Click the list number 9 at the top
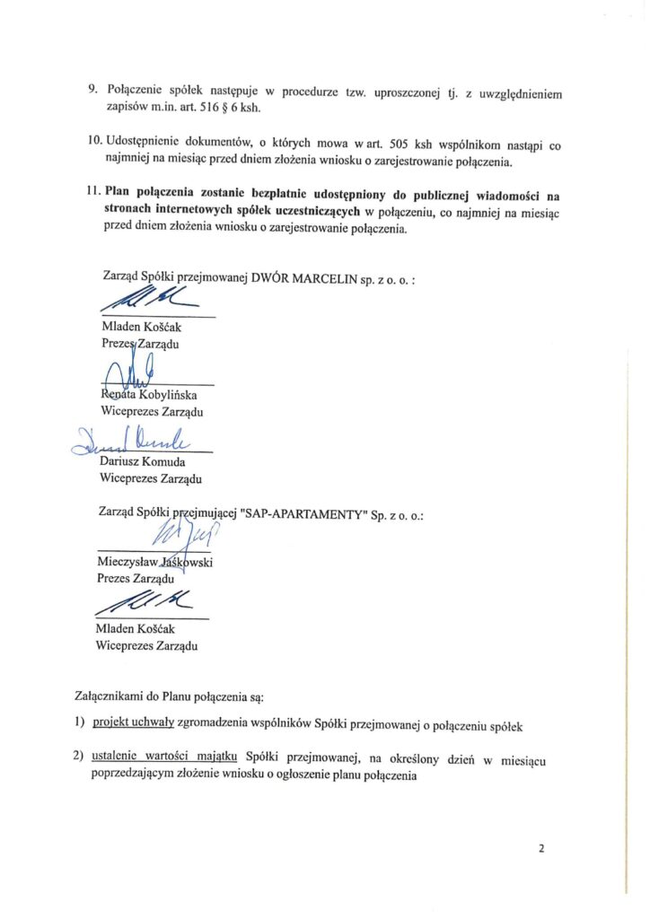click(92, 91)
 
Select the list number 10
click(94, 143)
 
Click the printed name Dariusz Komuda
click(143, 461)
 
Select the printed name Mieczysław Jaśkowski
click(160, 563)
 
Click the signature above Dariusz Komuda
click(126, 438)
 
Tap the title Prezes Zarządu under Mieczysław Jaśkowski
click(136, 580)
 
